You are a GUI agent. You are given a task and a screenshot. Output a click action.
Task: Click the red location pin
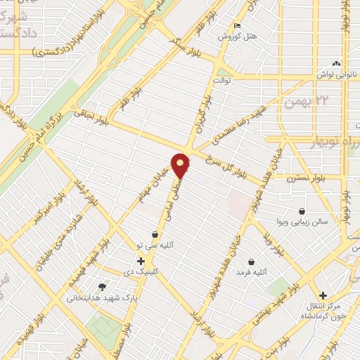pyautogui.click(x=180, y=165)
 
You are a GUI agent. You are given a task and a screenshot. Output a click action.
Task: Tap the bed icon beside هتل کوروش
pyautogui.click(x=237, y=26)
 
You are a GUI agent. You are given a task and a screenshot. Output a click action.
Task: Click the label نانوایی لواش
pyautogui.click(x=335, y=72)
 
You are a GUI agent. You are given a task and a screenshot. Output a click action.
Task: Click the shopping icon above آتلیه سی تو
pyautogui.click(x=155, y=235)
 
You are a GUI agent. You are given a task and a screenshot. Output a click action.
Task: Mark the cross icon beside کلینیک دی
pyautogui.click(x=141, y=261)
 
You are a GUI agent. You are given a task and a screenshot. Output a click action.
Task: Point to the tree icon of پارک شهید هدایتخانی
pyautogui.click(x=103, y=287)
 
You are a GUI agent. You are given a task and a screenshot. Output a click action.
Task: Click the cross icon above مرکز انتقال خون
pyautogui.click(x=322, y=295)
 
